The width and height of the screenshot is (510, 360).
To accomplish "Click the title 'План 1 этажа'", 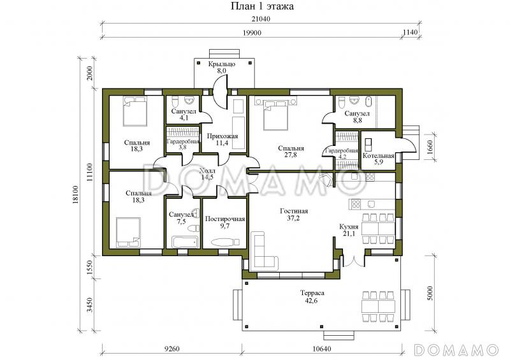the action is [x=262, y=6].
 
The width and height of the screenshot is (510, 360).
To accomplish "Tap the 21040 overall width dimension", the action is [x=261, y=19].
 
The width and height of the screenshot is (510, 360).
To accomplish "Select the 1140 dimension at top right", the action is [x=410, y=32].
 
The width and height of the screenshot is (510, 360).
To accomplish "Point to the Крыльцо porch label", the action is [x=222, y=64].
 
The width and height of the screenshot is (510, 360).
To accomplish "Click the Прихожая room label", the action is [x=222, y=136].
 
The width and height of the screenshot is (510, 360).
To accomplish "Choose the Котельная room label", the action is [x=378, y=155].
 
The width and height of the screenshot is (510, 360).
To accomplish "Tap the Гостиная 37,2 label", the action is [x=294, y=215].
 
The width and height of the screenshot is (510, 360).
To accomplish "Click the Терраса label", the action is [x=312, y=293].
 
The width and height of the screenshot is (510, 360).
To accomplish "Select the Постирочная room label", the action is [x=225, y=219].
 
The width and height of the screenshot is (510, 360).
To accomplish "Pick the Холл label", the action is [x=207, y=171].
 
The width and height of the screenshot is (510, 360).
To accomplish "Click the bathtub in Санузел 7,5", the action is [x=184, y=242].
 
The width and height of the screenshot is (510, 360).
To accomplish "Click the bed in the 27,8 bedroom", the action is [x=275, y=115].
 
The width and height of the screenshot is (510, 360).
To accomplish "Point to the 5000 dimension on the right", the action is [x=430, y=293].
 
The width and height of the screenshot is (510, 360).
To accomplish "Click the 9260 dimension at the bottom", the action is [x=171, y=349].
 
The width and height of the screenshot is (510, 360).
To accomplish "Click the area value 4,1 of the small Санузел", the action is [x=184, y=118].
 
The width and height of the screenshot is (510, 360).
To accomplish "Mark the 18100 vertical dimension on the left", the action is [x=76, y=194].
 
